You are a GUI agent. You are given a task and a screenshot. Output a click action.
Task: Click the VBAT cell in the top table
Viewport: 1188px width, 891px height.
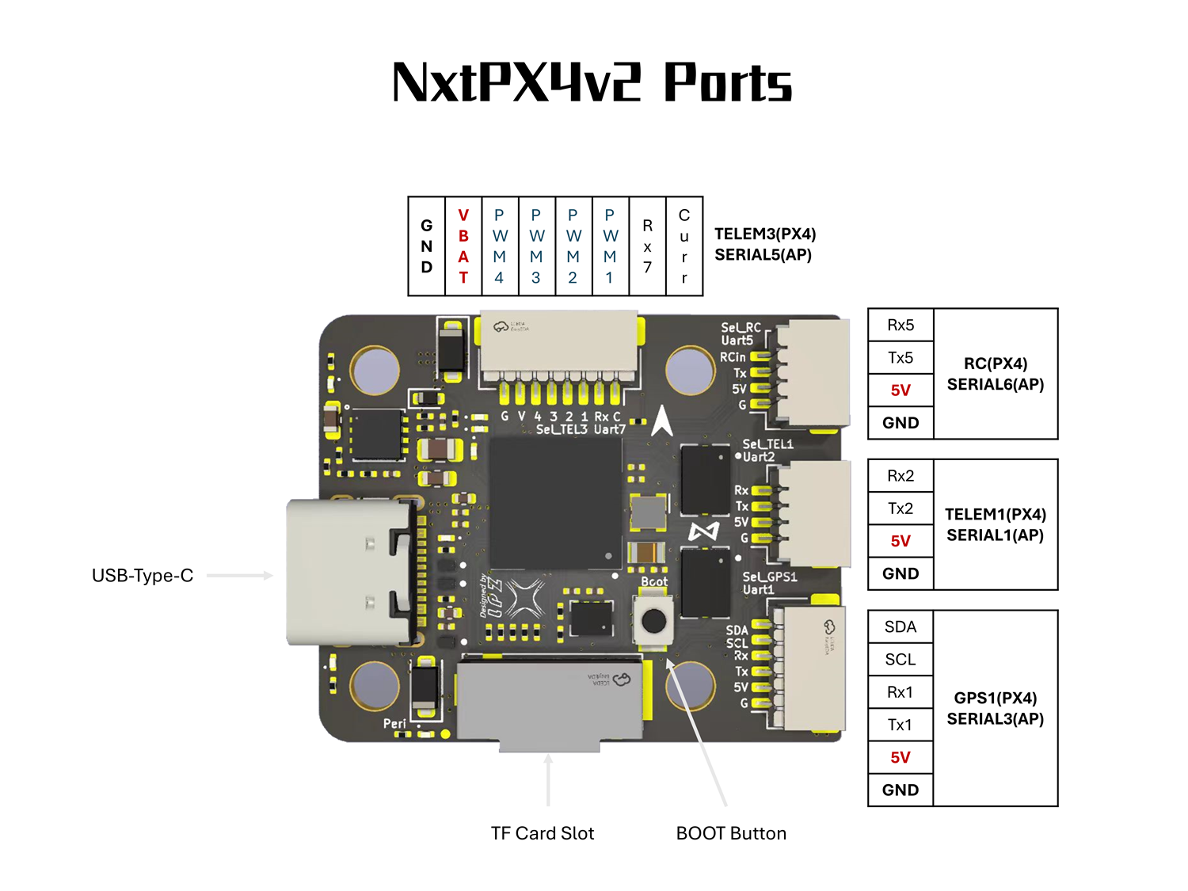click(x=463, y=246)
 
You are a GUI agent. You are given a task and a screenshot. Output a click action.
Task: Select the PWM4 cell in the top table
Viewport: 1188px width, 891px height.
click(x=500, y=246)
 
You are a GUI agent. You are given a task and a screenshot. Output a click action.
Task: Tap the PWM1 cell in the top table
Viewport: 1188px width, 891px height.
click(x=610, y=246)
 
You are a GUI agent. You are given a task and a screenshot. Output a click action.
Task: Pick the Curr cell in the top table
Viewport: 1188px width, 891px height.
click(x=684, y=246)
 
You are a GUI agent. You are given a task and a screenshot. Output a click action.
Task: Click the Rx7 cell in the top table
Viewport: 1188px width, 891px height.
click(x=647, y=246)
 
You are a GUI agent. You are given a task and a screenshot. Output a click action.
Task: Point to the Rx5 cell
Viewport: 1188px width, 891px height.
click(x=901, y=325)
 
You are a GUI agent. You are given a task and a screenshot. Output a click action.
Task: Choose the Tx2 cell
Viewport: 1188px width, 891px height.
click(x=901, y=508)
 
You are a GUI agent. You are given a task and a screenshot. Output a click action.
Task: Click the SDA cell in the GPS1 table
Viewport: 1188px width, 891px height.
click(x=901, y=626)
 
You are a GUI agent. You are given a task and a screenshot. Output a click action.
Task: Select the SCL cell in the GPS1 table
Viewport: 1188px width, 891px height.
click(x=901, y=659)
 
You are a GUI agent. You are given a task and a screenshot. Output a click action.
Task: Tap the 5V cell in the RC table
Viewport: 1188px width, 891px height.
click(x=901, y=390)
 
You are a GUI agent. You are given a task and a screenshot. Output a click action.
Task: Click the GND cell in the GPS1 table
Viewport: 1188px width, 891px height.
click(x=901, y=790)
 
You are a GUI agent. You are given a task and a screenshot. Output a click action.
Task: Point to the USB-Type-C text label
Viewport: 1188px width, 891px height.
click(x=143, y=576)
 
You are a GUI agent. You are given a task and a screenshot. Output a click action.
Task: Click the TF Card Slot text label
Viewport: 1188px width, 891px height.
click(x=543, y=833)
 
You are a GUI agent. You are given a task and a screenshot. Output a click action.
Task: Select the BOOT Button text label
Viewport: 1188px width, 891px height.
click(x=731, y=833)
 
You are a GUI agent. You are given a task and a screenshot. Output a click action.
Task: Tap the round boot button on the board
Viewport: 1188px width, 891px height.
click(x=653, y=620)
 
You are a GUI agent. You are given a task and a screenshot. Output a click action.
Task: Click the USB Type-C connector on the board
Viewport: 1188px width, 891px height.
click(x=348, y=572)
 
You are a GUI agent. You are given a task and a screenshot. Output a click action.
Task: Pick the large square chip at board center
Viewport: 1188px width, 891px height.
click(x=554, y=502)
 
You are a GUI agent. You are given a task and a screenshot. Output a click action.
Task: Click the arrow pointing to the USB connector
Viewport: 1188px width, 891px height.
click(x=240, y=576)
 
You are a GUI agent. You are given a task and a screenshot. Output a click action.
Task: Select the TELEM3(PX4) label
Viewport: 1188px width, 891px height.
click(x=765, y=234)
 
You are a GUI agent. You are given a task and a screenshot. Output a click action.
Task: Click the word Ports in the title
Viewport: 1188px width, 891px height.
click(x=727, y=82)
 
